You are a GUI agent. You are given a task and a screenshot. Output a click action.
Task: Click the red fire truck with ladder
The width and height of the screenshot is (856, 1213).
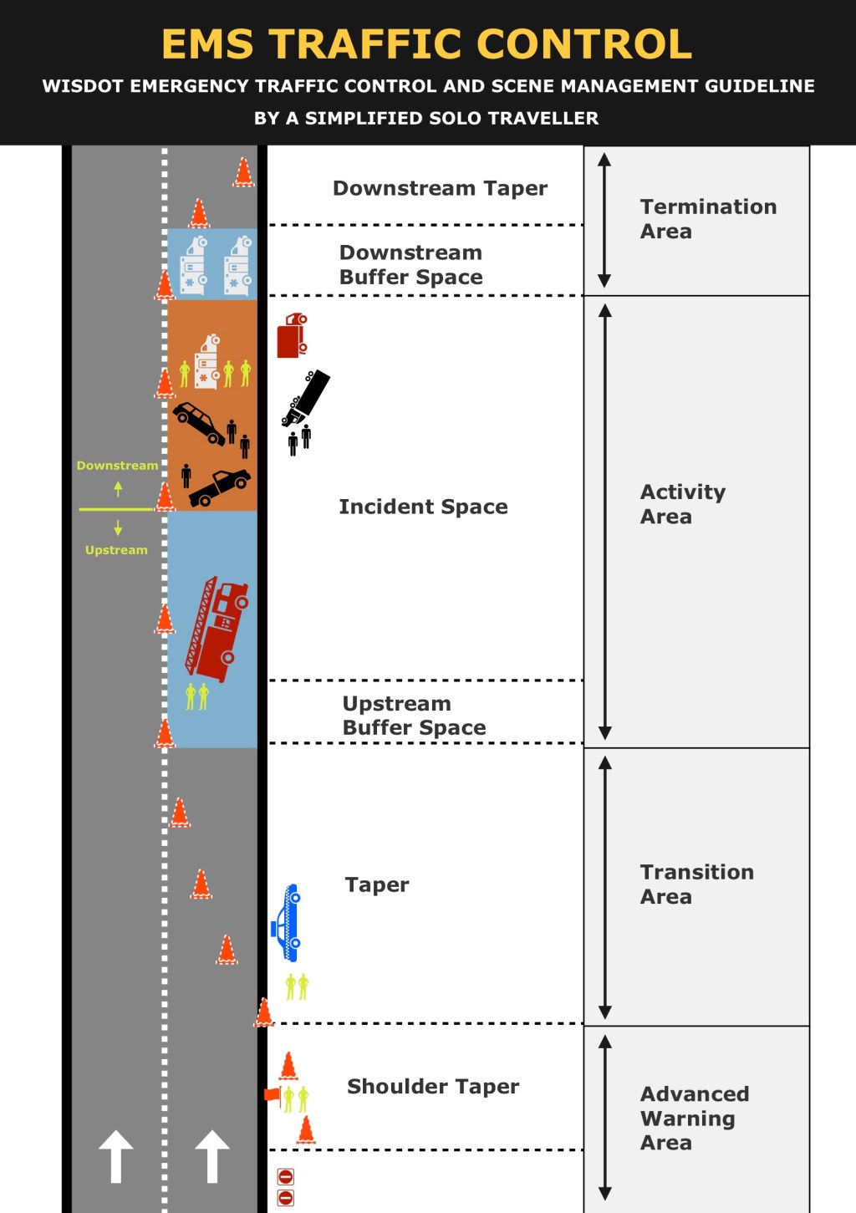tap(217, 627)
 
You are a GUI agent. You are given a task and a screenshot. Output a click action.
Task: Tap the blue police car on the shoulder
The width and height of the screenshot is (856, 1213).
tap(286, 923)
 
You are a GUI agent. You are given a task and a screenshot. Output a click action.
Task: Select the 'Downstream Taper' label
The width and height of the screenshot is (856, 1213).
tap(440, 188)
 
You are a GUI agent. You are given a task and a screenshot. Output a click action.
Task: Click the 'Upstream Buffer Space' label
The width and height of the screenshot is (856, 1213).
tap(414, 716)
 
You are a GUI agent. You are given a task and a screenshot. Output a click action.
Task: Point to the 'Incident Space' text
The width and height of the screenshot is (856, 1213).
tap(423, 507)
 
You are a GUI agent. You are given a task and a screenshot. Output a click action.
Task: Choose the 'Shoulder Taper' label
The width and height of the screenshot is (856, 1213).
tap(433, 1086)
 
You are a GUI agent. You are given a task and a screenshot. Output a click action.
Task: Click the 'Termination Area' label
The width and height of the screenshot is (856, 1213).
tap(707, 219)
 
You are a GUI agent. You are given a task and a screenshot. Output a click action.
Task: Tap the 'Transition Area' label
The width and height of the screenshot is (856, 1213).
tap(696, 884)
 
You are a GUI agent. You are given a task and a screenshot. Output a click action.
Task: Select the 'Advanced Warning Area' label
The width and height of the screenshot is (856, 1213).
tap(694, 1118)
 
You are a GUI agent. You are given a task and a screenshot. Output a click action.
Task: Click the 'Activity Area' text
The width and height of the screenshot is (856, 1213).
tap(682, 504)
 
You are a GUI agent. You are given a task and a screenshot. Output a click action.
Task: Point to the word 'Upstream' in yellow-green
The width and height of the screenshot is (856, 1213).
tap(116, 550)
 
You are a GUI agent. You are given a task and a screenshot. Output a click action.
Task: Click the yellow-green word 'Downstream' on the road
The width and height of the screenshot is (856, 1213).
tap(117, 466)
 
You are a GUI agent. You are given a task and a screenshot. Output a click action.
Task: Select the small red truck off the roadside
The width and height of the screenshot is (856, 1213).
tap(292, 335)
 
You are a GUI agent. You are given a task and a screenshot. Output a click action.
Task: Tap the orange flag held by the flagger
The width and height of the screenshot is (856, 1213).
tap(272, 1094)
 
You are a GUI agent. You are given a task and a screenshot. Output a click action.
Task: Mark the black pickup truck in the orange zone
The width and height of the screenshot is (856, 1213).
tap(219, 487)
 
